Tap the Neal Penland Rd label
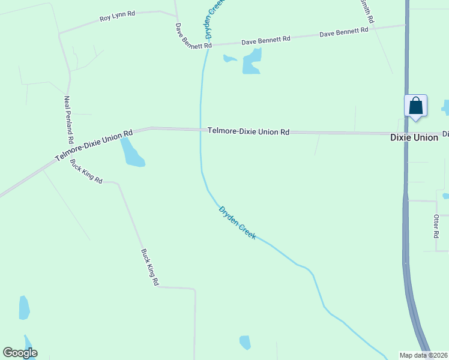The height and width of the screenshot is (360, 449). pos(68,119)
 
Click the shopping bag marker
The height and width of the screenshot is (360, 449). pos(416,107)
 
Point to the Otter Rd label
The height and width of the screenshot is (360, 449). pos(437,224)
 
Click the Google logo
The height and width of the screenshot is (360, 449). pos(20,353)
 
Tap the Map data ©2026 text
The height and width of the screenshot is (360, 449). pos(424,355)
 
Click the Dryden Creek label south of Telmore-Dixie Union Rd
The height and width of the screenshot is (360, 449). pos(237,223)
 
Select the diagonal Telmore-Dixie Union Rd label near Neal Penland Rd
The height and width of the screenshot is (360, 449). pos(93,146)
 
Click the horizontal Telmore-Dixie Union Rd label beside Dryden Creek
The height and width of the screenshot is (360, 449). pos(249,131)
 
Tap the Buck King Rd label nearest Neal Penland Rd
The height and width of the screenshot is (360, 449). pos(86,172)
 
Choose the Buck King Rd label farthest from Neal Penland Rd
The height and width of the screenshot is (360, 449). pos(149,267)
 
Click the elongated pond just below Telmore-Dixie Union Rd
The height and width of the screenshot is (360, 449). pos(131,153)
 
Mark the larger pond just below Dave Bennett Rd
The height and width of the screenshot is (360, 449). pos(252,61)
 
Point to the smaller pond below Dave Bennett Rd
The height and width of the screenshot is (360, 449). pos(229,59)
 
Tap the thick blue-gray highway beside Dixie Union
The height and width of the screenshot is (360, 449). pos(406,180)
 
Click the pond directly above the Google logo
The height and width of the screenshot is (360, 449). pos(24,308)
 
